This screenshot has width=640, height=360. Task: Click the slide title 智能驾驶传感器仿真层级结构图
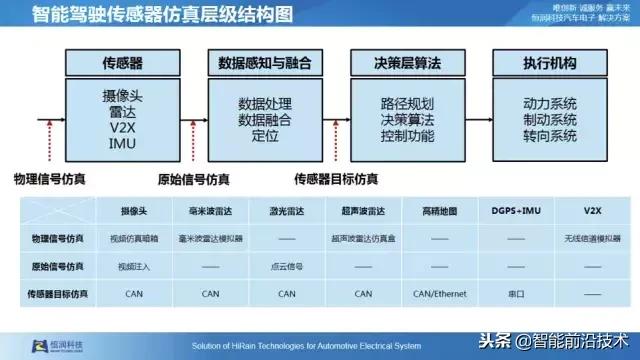click(150, 16)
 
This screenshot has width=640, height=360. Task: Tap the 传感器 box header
click(123, 62)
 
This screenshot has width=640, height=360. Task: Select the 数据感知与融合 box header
click(265, 62)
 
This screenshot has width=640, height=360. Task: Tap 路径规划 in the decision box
click(405, 104)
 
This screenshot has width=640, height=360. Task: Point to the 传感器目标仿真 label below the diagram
click(335, 180)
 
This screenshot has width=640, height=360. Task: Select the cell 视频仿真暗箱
click(135, 240)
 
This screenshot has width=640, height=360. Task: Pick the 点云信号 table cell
click(286, 267)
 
